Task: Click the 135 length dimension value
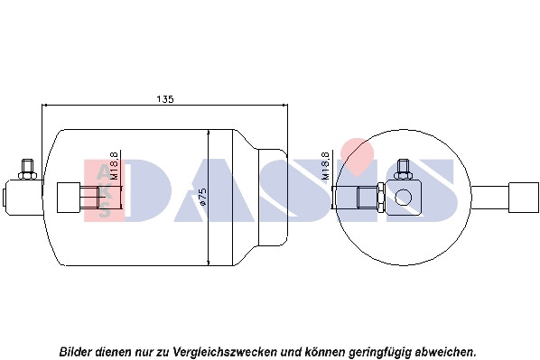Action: (165, 99)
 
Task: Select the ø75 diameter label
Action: (203, 197)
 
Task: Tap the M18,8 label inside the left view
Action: (115, 165)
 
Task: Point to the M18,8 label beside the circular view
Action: (326, 165)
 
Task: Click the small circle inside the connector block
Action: (403, 198)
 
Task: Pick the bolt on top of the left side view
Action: (28, 169)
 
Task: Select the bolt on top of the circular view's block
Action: (404, 169)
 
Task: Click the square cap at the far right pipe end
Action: (524, 198)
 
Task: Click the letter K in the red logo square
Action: (105, 191)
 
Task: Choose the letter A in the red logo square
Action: (105, 171)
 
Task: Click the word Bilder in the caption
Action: (76, 352)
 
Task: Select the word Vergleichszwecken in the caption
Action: (225, 352)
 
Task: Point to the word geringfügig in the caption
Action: (380, 352)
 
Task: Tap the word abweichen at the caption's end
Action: (444, 352)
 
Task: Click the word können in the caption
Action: (325, 352)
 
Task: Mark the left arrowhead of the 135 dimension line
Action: (44, 105)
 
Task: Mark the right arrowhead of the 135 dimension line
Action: (284, 105)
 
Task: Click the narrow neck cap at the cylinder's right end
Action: (273, 198)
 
